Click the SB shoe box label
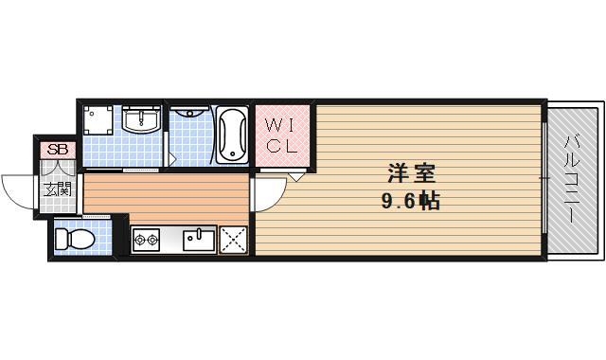point(58,149)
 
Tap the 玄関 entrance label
point(58,189)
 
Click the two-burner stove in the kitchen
point(146,240)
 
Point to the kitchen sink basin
point(199,239)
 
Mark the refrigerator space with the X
point(233,240)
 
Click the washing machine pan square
point(99,121)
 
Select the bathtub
point(232,135)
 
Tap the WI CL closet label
point(280,135)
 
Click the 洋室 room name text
point(411,175)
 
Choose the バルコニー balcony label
point(572,179)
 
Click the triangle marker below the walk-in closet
point(296,175)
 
